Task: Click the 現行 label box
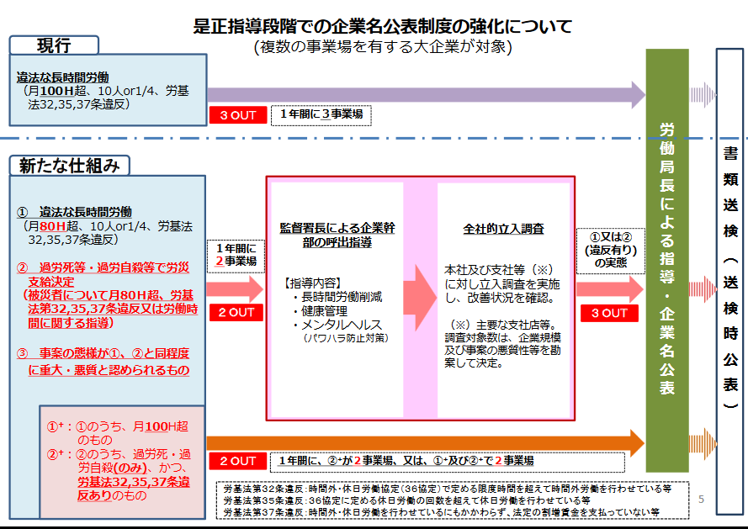pyautogui.click(x=54, y=45)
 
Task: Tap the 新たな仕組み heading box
pyautogui.click(x=70, y=166)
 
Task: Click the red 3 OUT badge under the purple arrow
pyautogui.click(x=238, y=115)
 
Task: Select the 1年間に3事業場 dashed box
pyautogui.click(x=321, y=115)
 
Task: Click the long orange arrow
pyautogui.click(x=426, y=443)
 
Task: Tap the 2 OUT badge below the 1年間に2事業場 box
pyautogui.click(x=236, y=313)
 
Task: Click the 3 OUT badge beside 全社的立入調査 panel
pyautogui.click(x=609, y=313)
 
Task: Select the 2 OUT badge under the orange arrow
pyautogui.click(x=237, y=461)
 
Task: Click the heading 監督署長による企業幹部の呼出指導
pyautogui.click(x=337, y=235)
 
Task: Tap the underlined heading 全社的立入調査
pyautogui.click(x=503, y=229)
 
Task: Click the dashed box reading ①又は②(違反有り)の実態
pyautogui.click(x=611, y=251)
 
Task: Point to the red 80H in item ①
pyautogui.click(x=52, y=226)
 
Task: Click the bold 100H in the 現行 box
pyautogui.click(x=56, y=91)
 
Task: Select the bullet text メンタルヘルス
pyautogui.click(x=342, y=325)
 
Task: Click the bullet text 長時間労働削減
pyautogui.click(x=342, y=297)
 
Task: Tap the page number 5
pyautogui.click(x=701, y=500)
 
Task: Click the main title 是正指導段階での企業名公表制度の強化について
pyautogui.click(x=383, y=26)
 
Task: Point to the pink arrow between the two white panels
pyautogui.click(x=420, y=298)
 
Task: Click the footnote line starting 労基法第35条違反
pyautogui.click(x=407, y=500)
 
